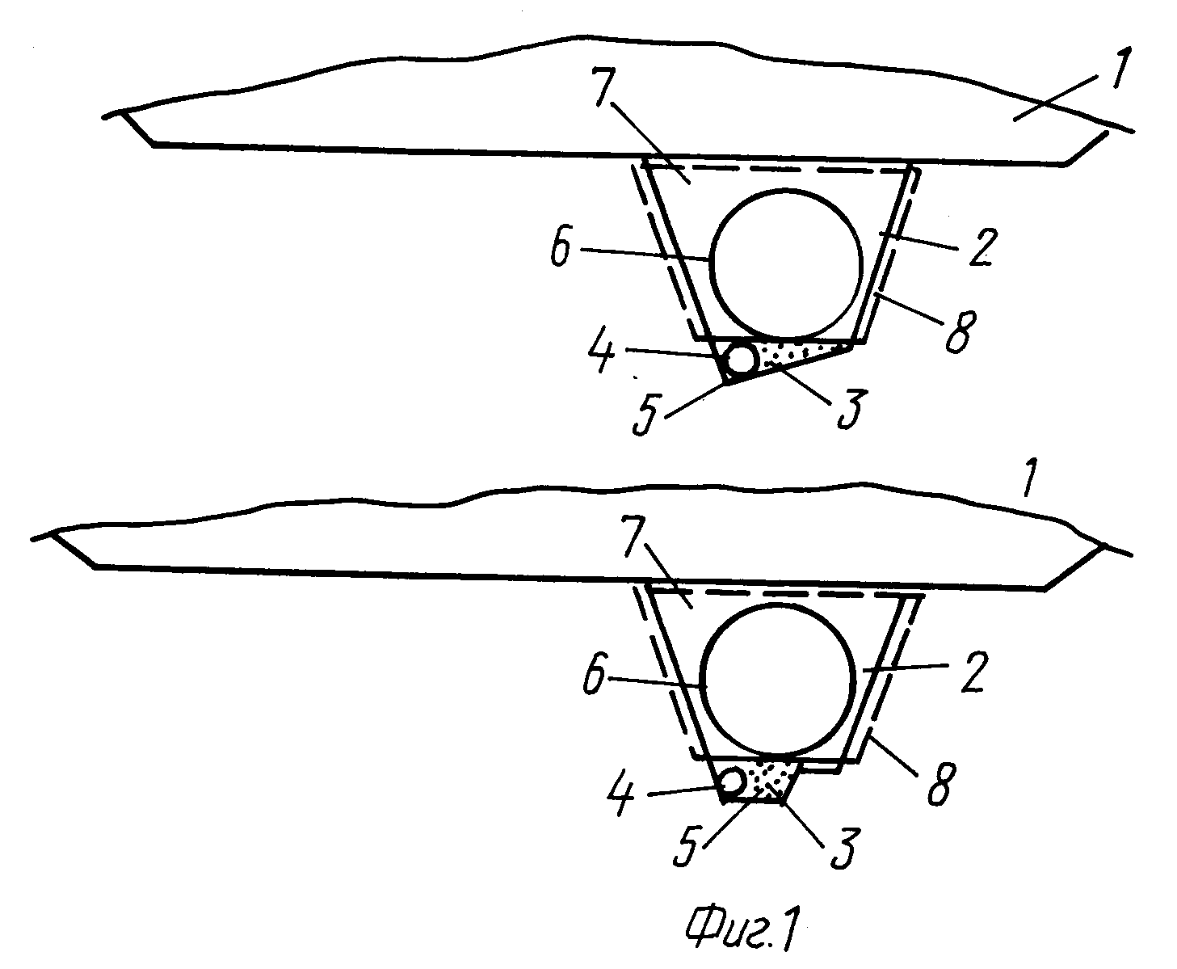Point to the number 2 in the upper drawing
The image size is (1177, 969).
tap(982, 246)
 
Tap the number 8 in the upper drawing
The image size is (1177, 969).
tap(960, 331)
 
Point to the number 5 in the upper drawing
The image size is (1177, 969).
tap(647, 415)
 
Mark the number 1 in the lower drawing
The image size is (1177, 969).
tap(1028, 478)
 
